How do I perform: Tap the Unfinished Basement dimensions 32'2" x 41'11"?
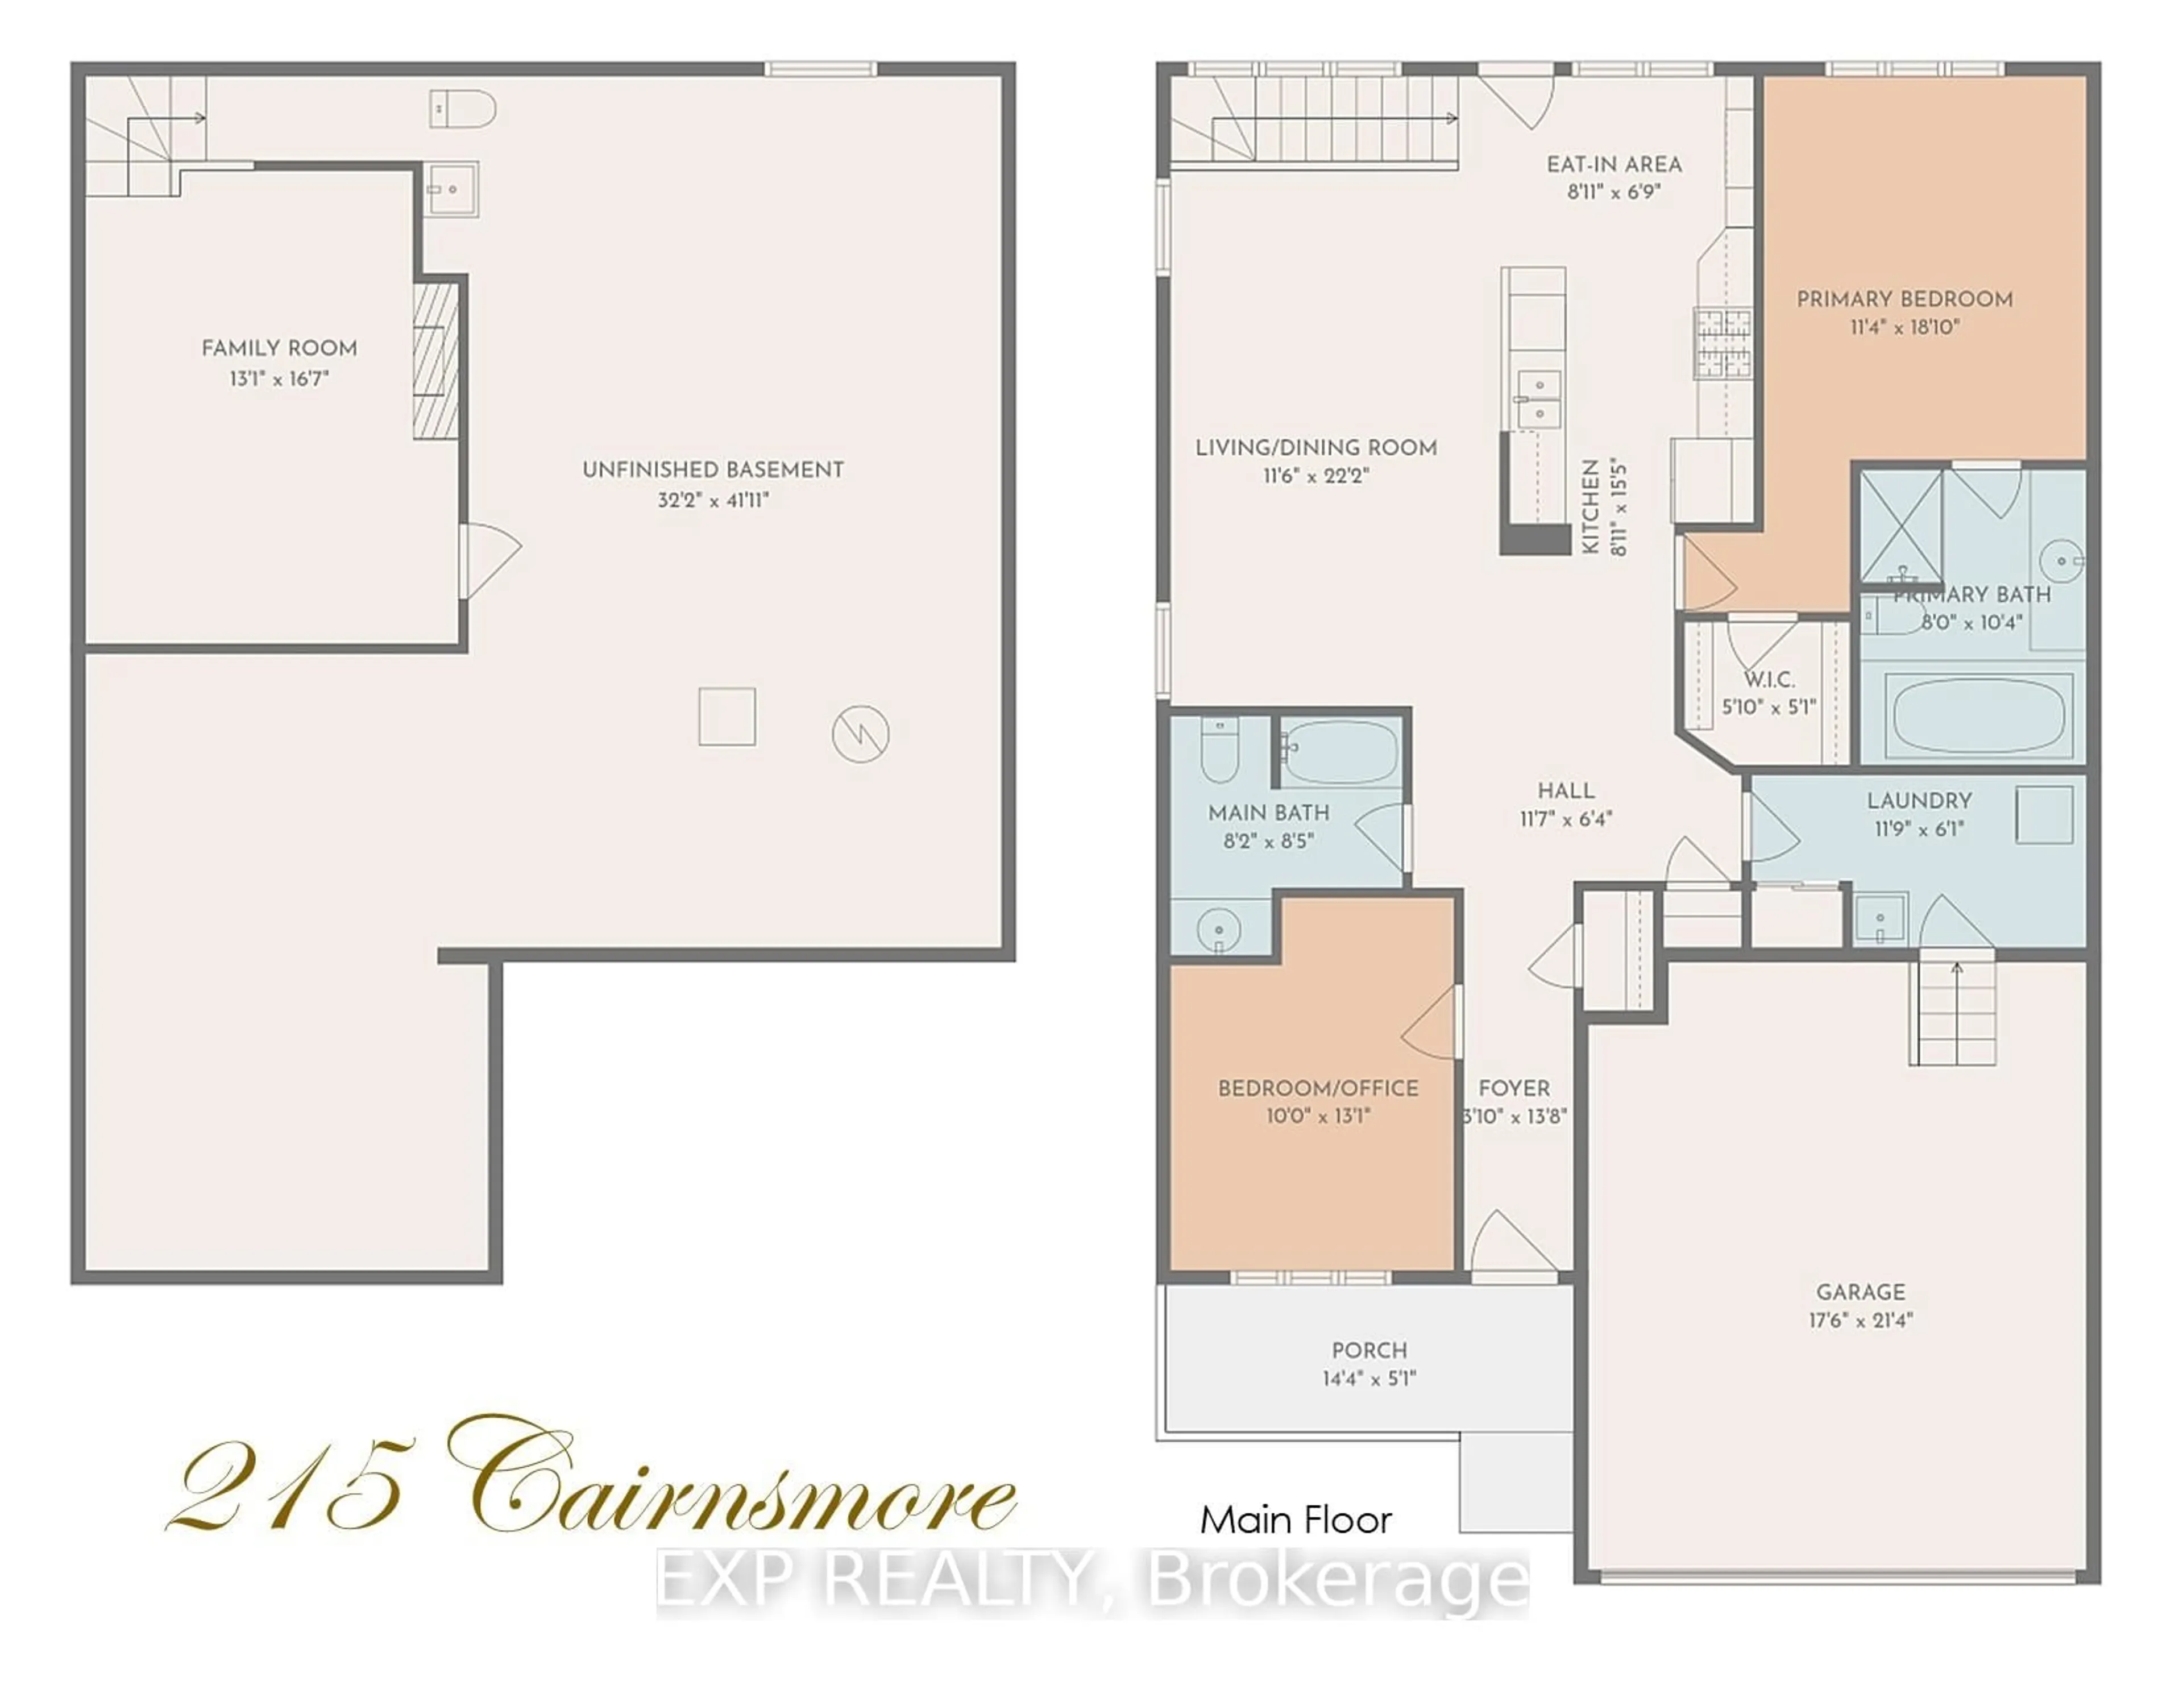[713, 499]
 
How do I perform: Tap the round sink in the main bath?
[1218, 930]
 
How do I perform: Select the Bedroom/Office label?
[1317, 1088]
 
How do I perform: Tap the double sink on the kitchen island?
[1537, 398]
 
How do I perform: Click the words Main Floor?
[1296, 1520]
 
